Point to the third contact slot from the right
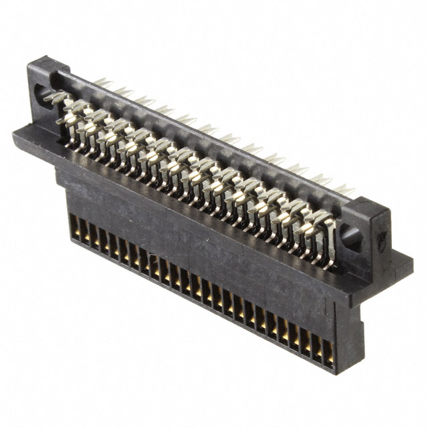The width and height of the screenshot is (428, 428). [306, 341]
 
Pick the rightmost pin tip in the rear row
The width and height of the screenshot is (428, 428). [345, 190]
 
